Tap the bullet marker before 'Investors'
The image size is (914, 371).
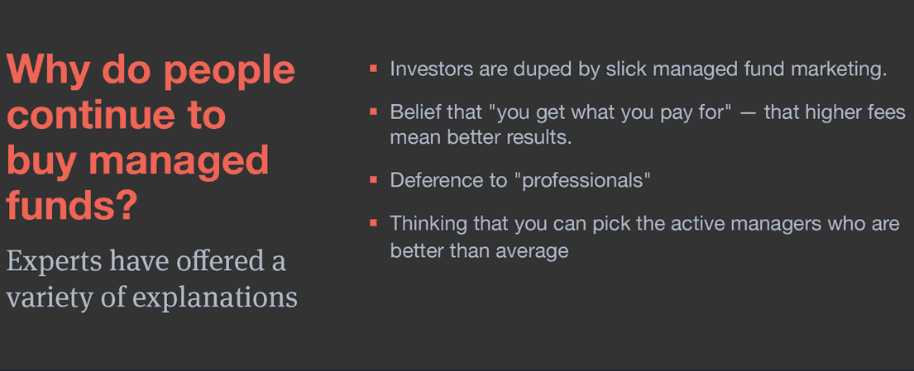[374, 69]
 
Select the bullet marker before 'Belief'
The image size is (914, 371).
[374, 112]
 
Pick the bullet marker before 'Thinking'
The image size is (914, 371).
[374, 223]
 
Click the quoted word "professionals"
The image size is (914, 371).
[585, 181]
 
